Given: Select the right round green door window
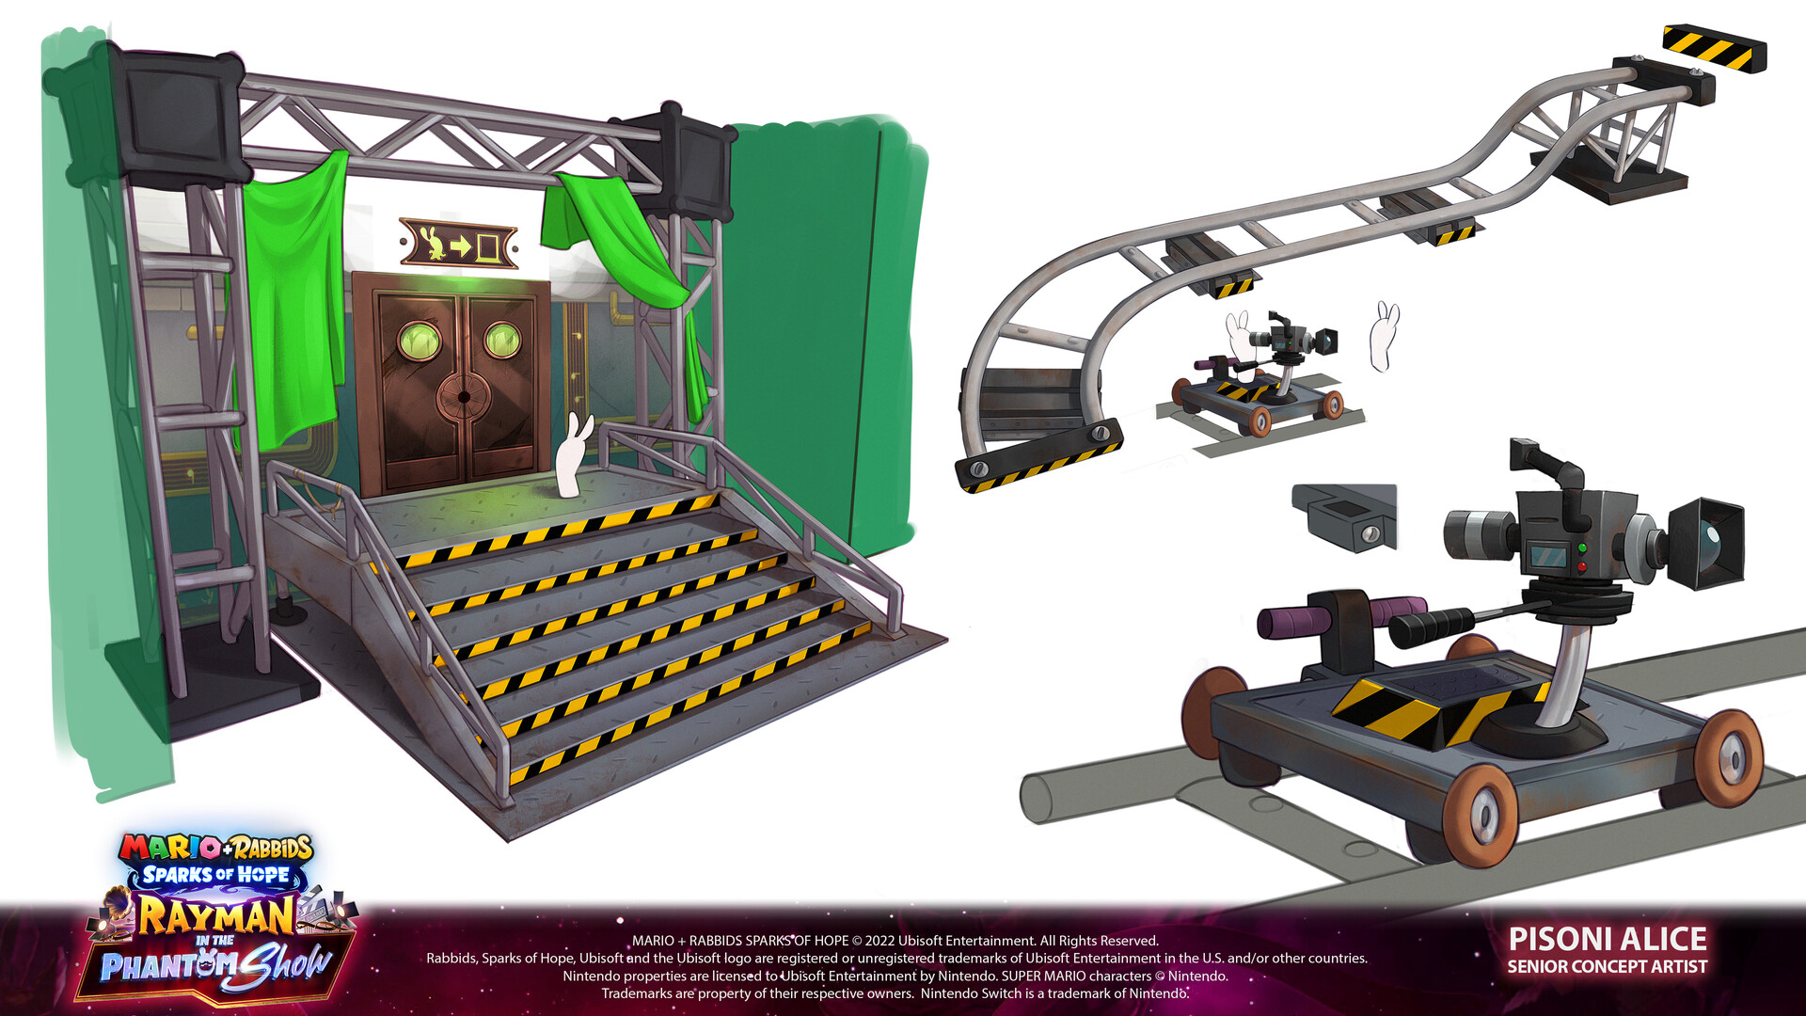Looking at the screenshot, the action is pos(501,338).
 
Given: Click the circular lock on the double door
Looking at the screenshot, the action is pos(463,397).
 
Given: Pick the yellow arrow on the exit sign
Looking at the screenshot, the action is pos(461,246).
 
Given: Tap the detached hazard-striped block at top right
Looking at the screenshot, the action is pos(1714,48).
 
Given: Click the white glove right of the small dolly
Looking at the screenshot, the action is pos(1384,336).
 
